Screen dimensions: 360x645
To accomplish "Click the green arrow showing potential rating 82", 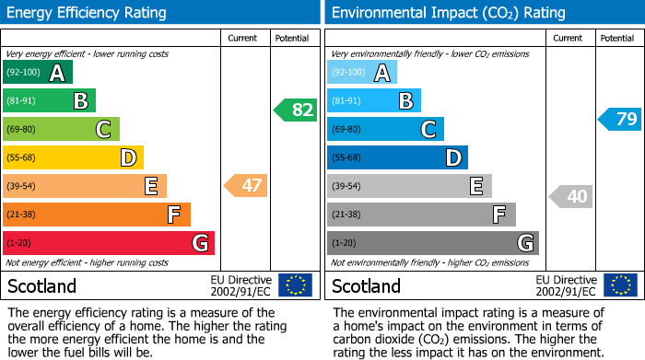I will (x=296, y=110).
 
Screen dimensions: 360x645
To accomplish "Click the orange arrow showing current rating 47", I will (x=246, y=186).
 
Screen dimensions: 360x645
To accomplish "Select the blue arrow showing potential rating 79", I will (x=620, y=119).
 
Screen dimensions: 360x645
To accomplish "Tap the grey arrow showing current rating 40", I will (x=571, y=196).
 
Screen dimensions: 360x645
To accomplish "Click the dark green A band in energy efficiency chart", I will (x=37, y=73).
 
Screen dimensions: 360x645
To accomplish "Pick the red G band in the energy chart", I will (x=108, y=243).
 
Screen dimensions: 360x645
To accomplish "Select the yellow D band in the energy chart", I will (x=73, y=157).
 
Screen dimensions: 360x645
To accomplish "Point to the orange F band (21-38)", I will (x=96, y=215).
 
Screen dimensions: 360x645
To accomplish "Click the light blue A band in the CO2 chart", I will (x=361, y=73).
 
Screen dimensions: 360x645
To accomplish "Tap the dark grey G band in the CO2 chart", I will (x=432, y=243).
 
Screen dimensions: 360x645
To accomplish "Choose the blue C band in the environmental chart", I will (x=385, y=129).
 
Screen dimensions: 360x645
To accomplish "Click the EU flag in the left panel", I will (x=295, y=285).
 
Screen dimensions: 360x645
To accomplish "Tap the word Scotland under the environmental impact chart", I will (x=367, y=285).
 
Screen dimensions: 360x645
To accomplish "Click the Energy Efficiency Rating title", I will (x=88, y=13).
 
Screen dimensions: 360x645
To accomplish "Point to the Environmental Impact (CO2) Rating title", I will (x=448, y=13).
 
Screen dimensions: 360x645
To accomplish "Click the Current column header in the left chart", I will (x=244, y=38).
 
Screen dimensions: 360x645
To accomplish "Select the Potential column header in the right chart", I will (x=616, y=38).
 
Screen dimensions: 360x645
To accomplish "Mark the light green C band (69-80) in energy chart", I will (x=61, y=129).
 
